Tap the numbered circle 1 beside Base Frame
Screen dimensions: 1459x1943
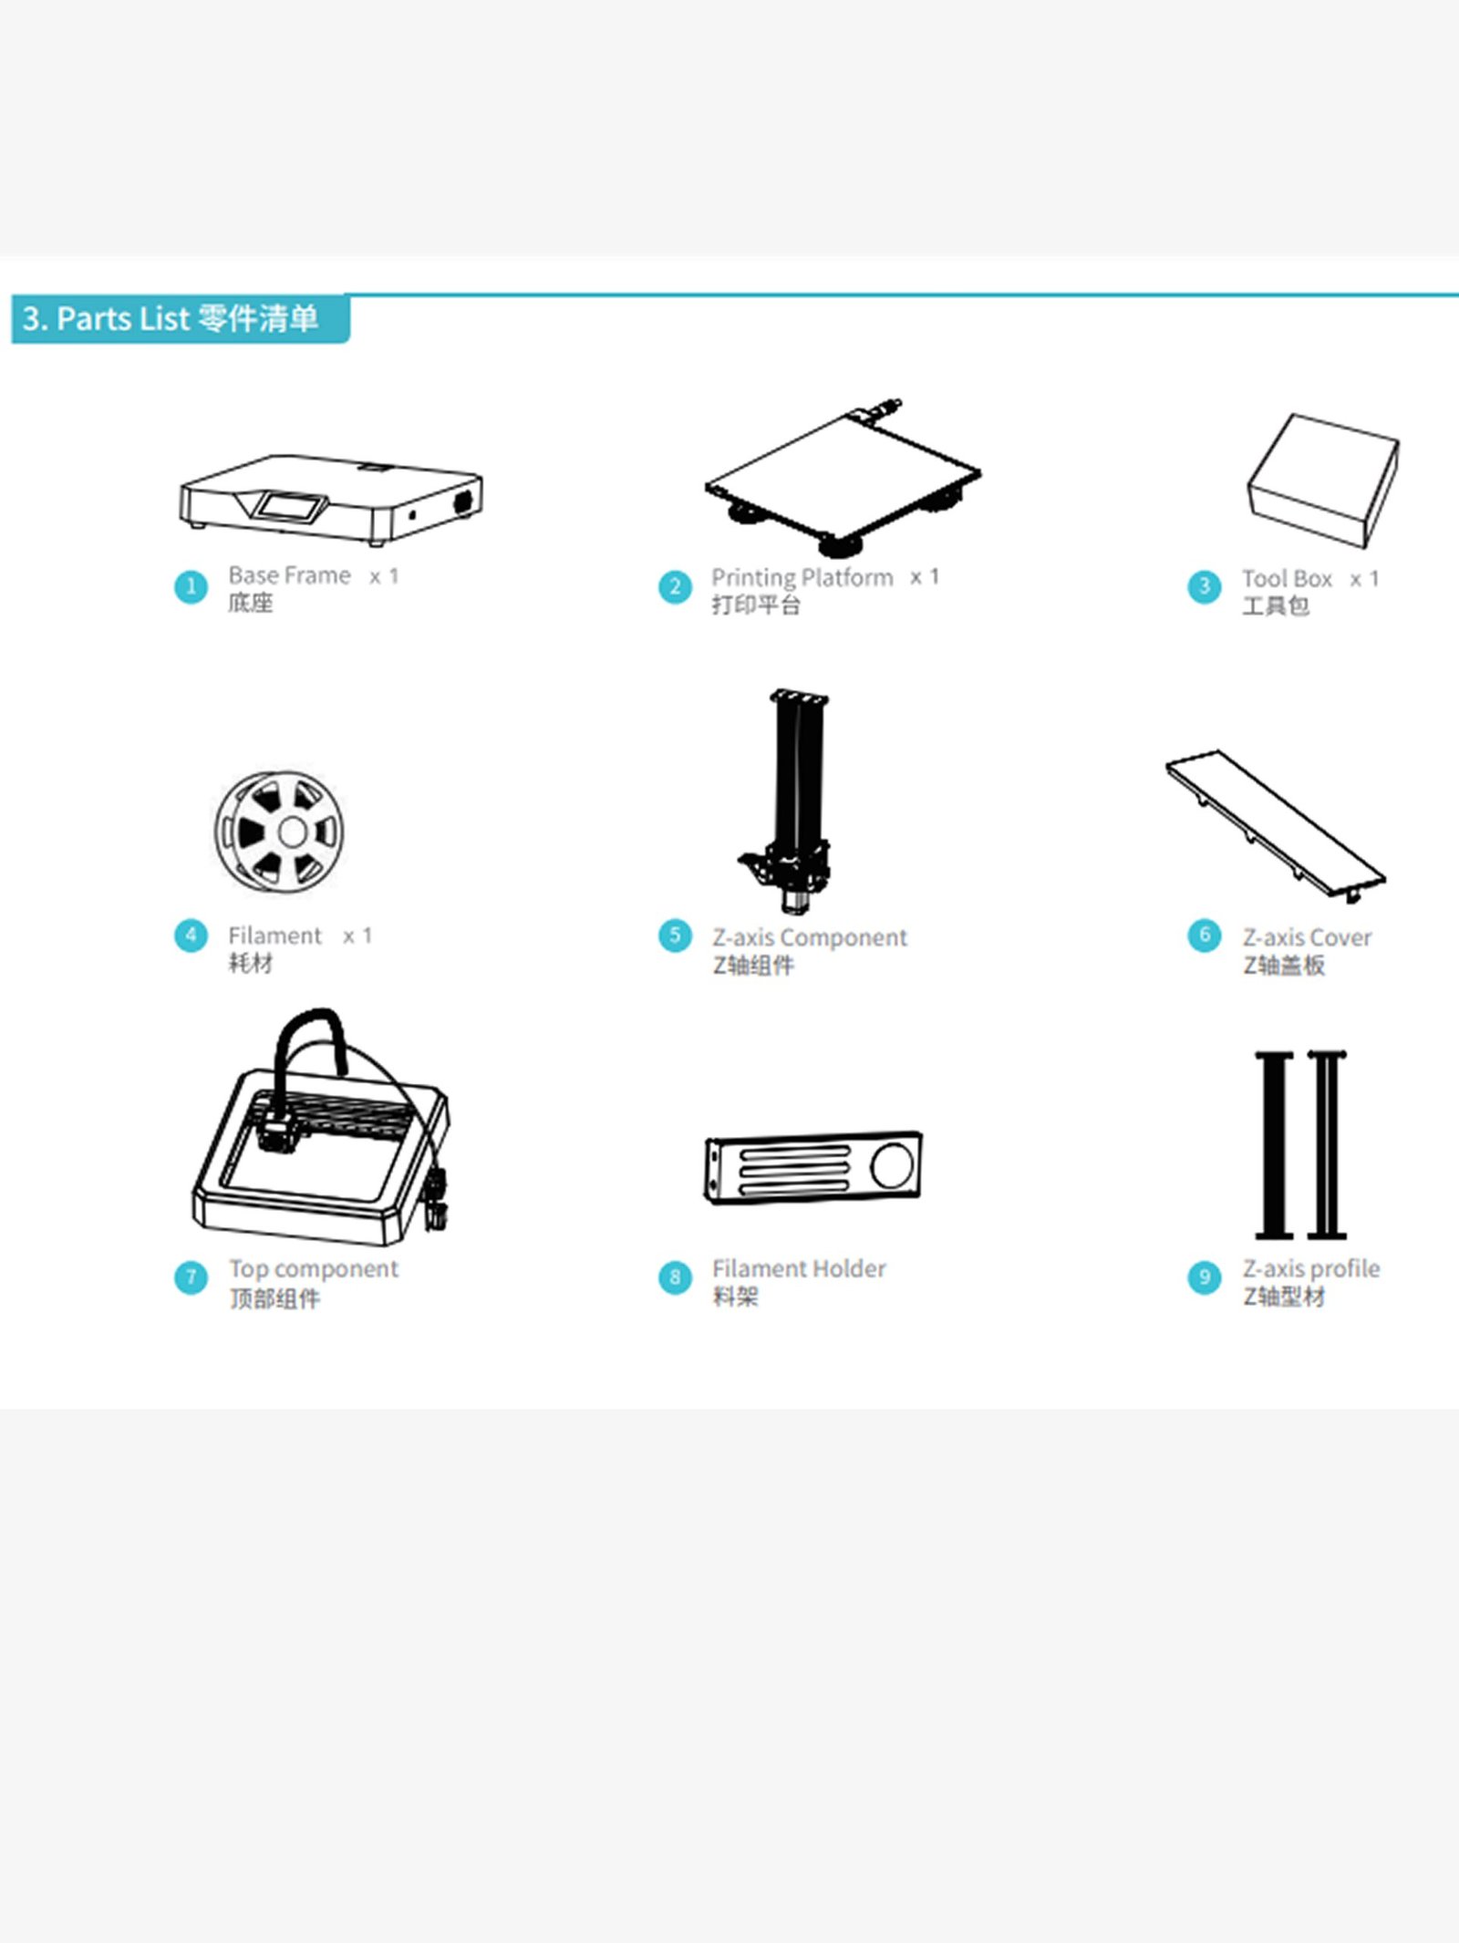(x=191, y=586)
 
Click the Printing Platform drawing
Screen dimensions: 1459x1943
(x=843, y=477)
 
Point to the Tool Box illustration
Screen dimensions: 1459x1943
(x=1323, y=481)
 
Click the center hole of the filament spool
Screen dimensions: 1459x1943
(x=293, y=832)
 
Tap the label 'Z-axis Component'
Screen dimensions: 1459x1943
(x=810, y=937)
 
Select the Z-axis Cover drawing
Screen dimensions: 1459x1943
(x=1276, y=826)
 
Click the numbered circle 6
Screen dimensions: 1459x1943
(x=1204, y=935)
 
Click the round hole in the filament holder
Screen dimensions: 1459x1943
(x=892, y=1164)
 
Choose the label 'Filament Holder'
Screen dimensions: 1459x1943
(x=799, y=1268)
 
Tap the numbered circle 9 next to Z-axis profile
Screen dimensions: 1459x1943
(x=1204, y=1277)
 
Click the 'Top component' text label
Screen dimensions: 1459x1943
(x=314, y=1269)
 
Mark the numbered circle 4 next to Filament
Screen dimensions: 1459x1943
(x=191, y=935)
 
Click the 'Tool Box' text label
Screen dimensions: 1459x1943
(x=1287, y=578)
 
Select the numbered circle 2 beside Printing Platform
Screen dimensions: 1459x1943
(x=675, y=586)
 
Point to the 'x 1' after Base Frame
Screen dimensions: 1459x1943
(x=384, y=576)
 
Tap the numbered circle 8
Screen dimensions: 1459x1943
(x=675, y=1277)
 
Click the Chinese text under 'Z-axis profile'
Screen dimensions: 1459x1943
(x=1284, y=1297)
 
